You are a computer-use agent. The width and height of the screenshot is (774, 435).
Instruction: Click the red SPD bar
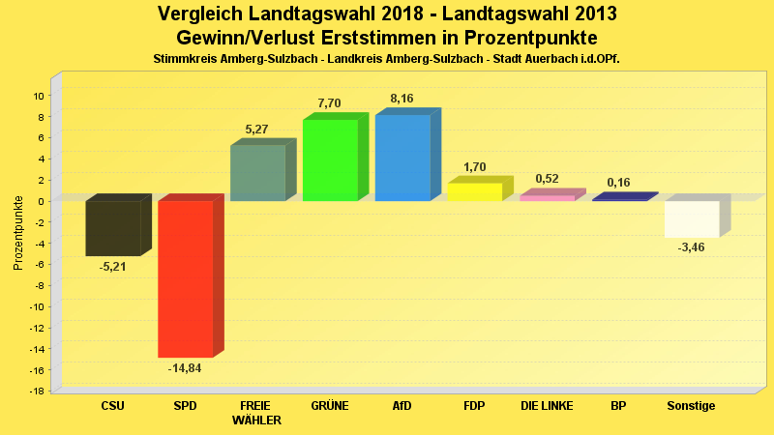185,278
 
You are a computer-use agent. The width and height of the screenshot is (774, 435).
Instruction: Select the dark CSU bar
113,228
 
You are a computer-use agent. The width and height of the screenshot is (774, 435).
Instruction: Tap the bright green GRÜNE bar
330,159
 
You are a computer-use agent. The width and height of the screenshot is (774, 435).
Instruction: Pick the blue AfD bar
402,158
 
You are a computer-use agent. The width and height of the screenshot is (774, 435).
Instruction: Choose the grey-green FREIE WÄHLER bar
257,173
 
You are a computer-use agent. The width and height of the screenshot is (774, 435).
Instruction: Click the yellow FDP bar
474,191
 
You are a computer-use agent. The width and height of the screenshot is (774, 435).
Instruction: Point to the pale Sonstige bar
692,218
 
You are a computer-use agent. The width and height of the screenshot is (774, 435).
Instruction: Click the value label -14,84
185,368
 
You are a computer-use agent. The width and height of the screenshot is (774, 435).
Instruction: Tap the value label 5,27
257,129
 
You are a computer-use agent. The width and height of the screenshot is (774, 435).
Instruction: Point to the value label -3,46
692,248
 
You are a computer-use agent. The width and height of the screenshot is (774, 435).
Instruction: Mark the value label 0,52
547,179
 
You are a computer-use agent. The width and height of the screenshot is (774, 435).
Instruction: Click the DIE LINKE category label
547,406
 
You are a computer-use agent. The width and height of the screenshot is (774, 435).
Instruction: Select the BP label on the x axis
619,406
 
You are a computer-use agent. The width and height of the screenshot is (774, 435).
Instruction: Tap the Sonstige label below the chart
692,406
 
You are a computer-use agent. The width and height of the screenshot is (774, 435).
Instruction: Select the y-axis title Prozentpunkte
18,233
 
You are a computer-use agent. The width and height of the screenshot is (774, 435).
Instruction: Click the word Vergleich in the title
205,14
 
